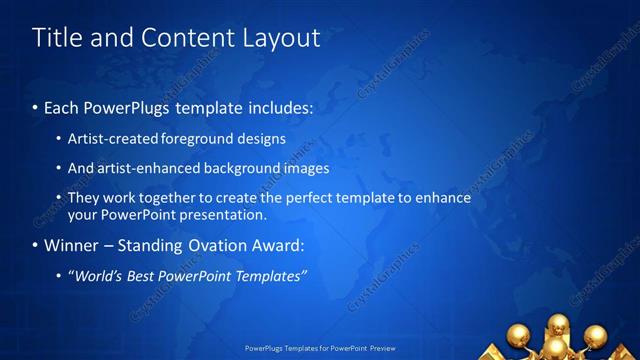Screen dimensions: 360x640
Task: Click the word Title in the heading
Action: (x=55, y=38)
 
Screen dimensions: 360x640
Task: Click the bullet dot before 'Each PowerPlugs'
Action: (x=36, y=106)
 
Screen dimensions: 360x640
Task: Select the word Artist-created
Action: (x=110, y=139)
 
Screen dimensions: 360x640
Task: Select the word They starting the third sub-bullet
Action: (x=84, y=198)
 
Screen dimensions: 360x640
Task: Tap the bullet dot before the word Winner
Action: (x=36, y=245)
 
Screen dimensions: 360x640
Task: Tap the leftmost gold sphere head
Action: (x=519, y=335)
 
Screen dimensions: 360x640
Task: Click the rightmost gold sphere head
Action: (x=596, y=335)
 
